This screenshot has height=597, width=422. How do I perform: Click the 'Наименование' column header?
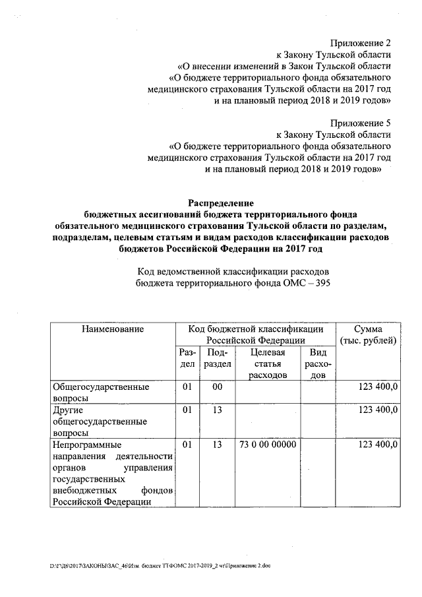click(113, 329)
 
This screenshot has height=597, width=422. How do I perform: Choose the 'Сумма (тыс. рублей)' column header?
click(367, 334)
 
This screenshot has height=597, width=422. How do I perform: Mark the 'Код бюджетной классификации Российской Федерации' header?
click(255, 334)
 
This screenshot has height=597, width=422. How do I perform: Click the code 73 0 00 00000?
click(268, 445)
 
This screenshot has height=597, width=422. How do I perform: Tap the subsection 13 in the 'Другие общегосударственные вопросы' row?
click(217, 410)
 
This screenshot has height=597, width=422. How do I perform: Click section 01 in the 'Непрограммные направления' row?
click(187, 445)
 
